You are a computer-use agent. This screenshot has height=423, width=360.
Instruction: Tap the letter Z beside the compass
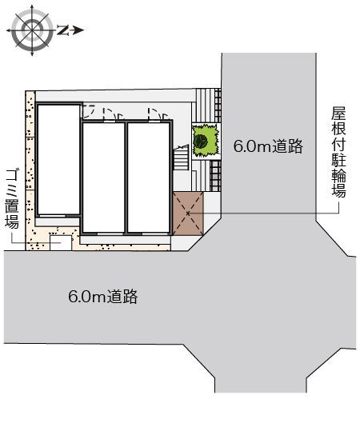(62, 30)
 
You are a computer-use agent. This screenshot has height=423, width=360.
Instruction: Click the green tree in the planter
(203, 142)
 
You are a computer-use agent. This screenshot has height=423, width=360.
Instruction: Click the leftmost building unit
(58, 160)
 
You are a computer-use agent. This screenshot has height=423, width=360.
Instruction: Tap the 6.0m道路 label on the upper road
(267, 146)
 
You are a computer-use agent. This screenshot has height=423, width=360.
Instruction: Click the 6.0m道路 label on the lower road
(103, 297)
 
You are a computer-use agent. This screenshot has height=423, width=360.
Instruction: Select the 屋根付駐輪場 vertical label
(338, 153)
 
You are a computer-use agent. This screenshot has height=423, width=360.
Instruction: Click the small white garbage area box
(61, 241)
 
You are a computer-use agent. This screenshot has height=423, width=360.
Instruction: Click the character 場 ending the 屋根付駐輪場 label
(338, 192)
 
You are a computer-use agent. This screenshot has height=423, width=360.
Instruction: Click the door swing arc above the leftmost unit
(93, 111)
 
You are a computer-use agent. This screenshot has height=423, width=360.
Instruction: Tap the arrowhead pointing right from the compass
(78, 30)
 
